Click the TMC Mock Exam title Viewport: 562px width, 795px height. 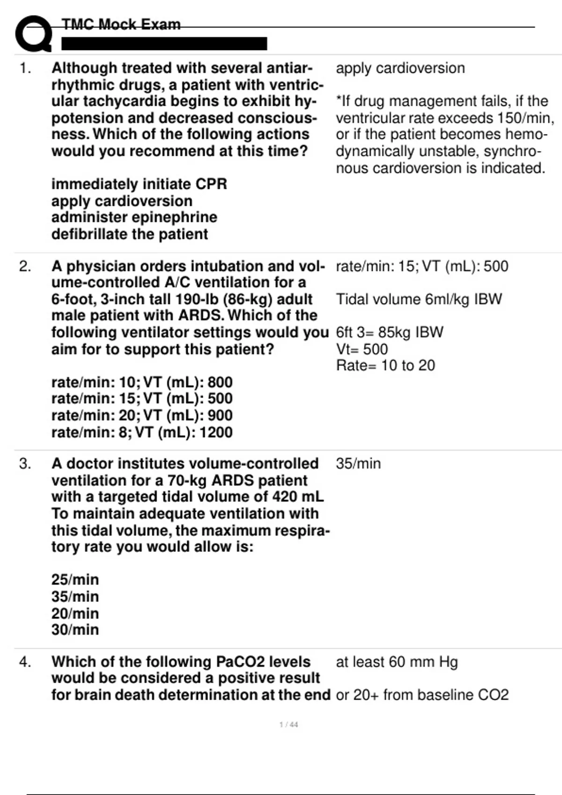(121, 24)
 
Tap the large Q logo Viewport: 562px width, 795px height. (33, 34)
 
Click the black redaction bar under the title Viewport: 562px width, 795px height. (164, 43)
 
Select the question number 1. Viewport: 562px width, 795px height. (25, 68)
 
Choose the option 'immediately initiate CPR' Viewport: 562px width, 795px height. (139, 184)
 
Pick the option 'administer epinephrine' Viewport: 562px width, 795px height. (134, 217)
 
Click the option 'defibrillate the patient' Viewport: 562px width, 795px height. (129, 234)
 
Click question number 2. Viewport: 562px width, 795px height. (25, 267)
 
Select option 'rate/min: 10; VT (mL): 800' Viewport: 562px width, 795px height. (142, 383)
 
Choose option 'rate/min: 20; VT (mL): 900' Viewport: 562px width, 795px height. (142, 416)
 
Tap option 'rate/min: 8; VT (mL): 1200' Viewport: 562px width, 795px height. (142, 433)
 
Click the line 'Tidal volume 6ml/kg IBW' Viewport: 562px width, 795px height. (419, 299)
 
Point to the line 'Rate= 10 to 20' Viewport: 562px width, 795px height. (385, 366)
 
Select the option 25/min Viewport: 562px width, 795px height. (75, 580)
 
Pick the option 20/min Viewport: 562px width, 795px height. (75, 614)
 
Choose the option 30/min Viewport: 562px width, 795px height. (75, 630)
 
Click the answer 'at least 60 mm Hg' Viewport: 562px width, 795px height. (397, 662)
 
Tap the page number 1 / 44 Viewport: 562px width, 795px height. (288, 725)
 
